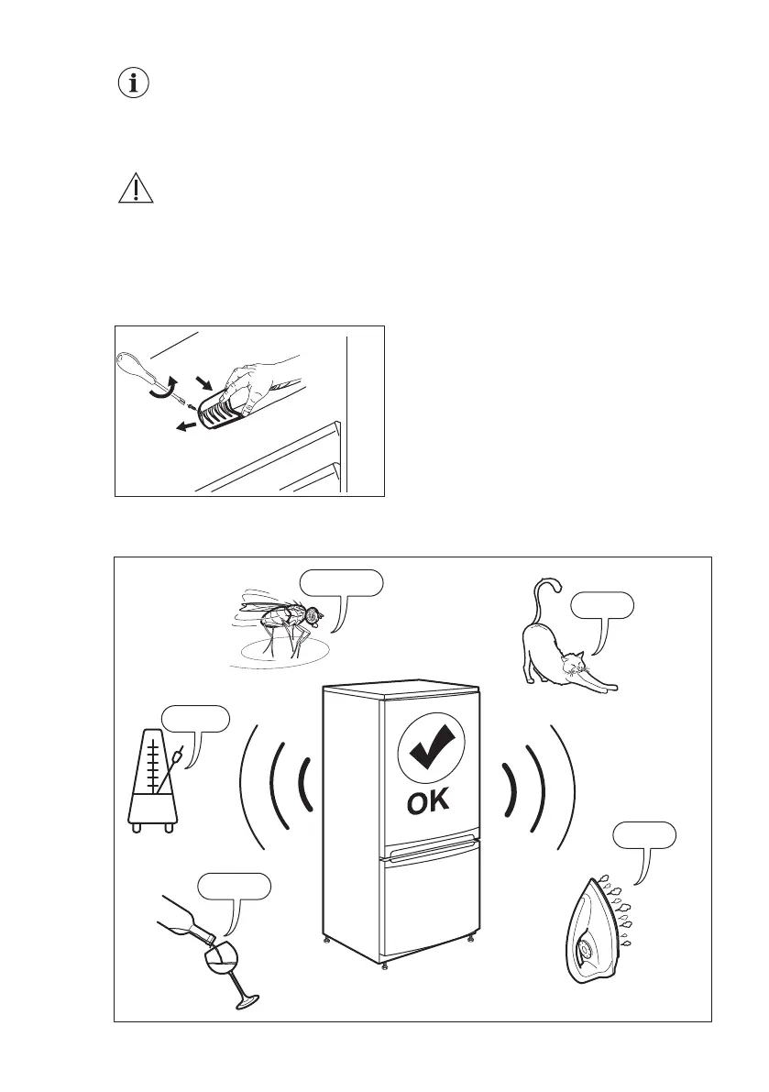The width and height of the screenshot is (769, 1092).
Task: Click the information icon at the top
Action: [136, 84]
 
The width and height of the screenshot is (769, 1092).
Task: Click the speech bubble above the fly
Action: [341, 582]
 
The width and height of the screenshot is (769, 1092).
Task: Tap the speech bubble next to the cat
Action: [601, 605]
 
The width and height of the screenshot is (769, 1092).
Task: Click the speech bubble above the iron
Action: [644, 836]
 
